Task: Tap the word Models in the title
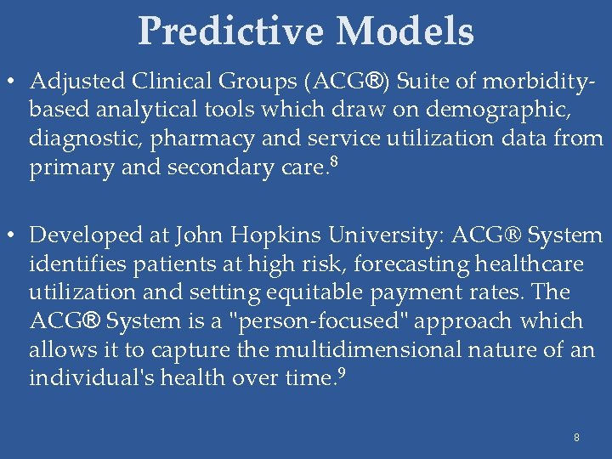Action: [x=405, y=31]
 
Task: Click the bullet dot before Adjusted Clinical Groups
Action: [x=13, y=82]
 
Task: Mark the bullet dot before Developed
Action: [x=13, y=235]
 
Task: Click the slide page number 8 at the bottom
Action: [x=576, y=438]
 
